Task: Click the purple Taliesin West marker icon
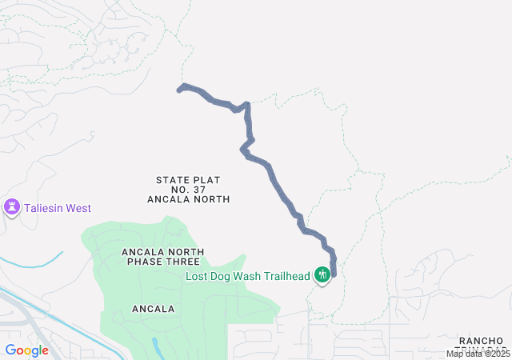[12, 208]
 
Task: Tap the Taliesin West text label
[56, 208]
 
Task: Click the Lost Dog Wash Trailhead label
[248, 276]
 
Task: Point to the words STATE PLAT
[188, 180]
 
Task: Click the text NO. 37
[189, 190]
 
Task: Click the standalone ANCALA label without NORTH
[153, 308]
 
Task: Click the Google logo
[26, 350]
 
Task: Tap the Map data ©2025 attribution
[478, 354]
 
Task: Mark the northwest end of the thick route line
[178, 90]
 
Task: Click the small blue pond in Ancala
[156, 346]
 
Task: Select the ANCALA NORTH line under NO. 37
[189, 199]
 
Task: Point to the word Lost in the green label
[198, 276]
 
